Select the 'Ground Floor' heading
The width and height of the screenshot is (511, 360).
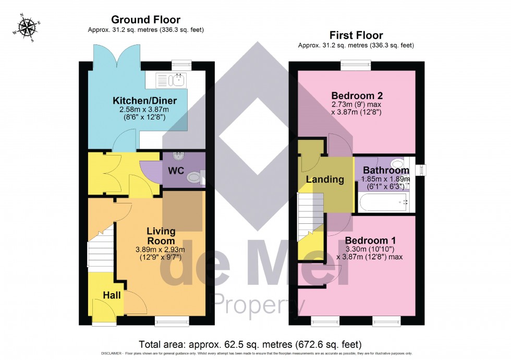pos(145,20)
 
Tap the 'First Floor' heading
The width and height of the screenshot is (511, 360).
pos(356,35)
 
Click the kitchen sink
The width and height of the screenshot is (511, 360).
pos(172,80)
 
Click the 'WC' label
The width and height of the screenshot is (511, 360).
pos(176,170)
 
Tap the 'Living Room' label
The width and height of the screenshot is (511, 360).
pos(161,236)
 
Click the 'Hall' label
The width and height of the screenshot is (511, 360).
pos(112,295)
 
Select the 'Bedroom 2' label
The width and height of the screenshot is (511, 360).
pos(357,95)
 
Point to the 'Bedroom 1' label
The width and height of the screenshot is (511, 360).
pos(370,241)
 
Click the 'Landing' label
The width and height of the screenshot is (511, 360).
pos(325,179)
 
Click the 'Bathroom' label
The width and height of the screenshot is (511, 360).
pos(386,170)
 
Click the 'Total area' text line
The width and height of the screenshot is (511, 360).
pos(250,345)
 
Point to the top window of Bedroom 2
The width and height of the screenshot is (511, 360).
pos(356,65)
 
